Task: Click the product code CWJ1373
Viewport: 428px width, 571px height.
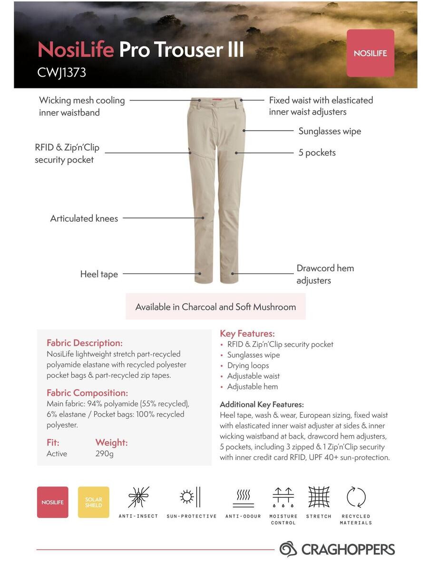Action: (x=62, y=72)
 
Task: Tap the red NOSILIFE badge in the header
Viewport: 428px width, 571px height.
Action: (x=370, y=53)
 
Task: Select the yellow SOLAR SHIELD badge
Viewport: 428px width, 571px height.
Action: (x=93, y=502)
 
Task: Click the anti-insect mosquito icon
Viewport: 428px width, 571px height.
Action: (x=138, y=497)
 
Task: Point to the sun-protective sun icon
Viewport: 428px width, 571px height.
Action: (x=191, y=497)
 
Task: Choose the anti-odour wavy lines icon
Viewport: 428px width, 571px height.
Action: (x=243, y=497)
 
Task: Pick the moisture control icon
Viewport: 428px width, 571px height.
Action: (x=283, y=497)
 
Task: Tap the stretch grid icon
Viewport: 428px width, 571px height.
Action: (x=319, y=497)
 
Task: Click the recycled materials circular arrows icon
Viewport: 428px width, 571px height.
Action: (x=356, y=497)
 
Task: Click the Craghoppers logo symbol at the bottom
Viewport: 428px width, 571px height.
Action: (x=288, y=549)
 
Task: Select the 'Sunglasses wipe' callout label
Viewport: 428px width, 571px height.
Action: (x=330, y=131)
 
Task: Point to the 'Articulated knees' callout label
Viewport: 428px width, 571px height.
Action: (x=84, y=218)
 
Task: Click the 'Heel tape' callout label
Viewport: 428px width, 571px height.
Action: (x=99, y=274)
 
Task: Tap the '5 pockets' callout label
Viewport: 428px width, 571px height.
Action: (x=317, y=153)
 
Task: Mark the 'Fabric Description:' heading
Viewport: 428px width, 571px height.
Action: (x=85, y=343)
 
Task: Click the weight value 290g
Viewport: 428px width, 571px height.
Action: (x=104, y=453)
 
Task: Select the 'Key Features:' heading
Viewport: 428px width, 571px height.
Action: (x=247, y=334)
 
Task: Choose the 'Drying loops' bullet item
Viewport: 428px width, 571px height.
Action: (x=248, y=365)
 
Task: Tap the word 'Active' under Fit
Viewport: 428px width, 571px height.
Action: (x=57, y=453)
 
